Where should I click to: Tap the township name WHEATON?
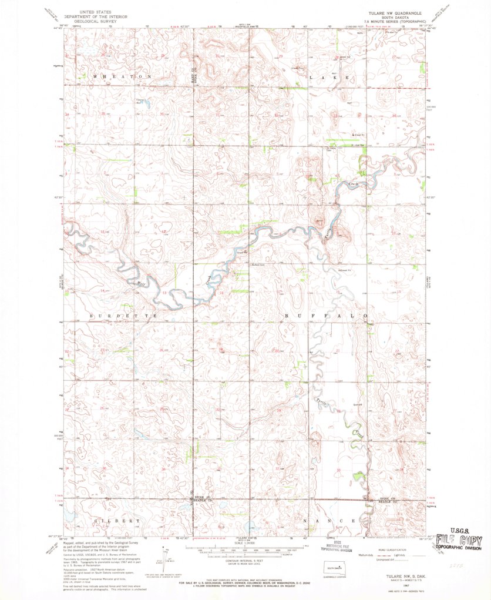tap(117, 77)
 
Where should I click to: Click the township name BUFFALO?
tap(327, 316)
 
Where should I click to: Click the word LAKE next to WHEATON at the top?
tap(329, 77)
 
